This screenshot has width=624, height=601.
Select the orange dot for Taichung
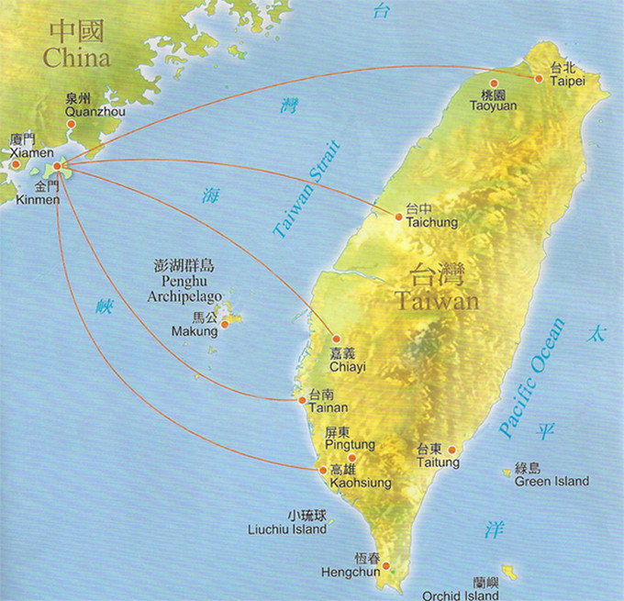point(398,217)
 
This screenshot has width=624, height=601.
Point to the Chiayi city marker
point(336,339)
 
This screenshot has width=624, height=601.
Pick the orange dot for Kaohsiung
point(321,470)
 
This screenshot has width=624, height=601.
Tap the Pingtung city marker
point(351,457)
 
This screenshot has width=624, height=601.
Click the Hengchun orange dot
point(386,565)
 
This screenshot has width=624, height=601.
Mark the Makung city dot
point(224,323)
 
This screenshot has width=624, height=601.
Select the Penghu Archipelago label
point(184,281)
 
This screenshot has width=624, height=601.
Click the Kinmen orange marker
point(58,166)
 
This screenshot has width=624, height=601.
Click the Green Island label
point(552,475)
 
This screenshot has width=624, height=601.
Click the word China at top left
point(76,59)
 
